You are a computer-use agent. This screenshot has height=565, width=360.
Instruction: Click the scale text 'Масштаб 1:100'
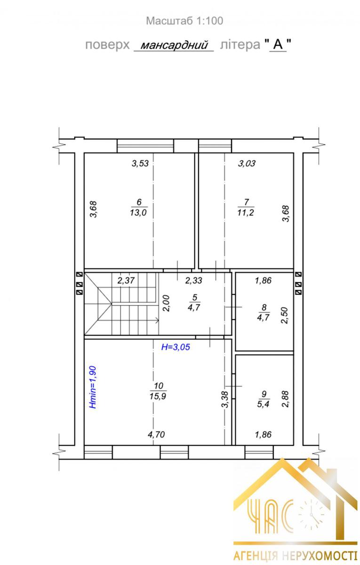pyautogui.click(x=184, y=21)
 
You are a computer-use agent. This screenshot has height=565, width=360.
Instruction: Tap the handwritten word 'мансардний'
pyautogui.click(x=174, y=45)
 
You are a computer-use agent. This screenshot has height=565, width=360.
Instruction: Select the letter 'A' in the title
pyautogui.click(x=278, y=45)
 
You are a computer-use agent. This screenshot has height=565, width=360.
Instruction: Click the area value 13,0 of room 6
pyautogui.click(x=138, y=212)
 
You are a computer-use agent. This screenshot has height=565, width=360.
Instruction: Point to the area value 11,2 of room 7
pyautogui.click(x=246, y=212)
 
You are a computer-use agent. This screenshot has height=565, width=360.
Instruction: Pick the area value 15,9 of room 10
pyautogui.click(x=158, y=396)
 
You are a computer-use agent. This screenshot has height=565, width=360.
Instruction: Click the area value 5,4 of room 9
pyautogui.click(x=263, y=404)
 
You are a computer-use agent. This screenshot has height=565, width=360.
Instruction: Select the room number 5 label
pyautogui.click(x=195, y=297)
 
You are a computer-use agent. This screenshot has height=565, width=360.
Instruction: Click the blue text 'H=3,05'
pyautogui.click(x=176, y=347)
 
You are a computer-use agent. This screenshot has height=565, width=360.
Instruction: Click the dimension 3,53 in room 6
pyautogui.click(x=140, y=163)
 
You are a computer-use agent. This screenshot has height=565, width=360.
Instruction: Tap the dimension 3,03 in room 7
pyautogui.click(x=247, y=163)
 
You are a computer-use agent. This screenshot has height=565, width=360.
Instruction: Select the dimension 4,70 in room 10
pyautogui.click(x=156, y=434)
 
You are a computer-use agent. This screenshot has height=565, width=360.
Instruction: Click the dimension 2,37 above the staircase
pyautogui.click(x=126, y=281)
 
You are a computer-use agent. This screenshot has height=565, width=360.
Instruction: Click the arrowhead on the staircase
pyautogui.click(x=157, y=321)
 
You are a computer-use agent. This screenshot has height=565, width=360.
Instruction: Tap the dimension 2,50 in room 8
pyautogui.click(x=284, y=315)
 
